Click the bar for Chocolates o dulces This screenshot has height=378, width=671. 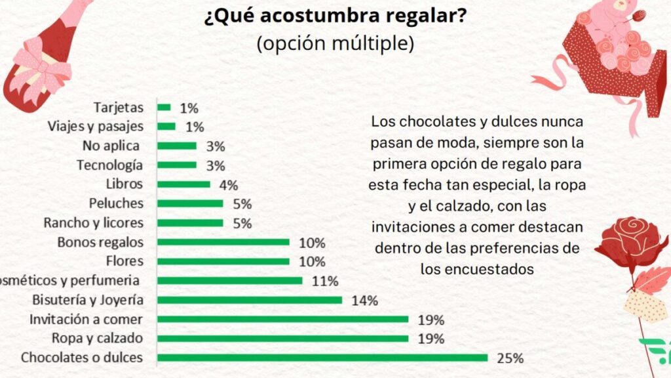click(x=322, y=358)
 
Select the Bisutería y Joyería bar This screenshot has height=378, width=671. click(x=250, y=300)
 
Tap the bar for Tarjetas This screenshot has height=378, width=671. click(x=164, y=107)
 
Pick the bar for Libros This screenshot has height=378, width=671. click(x=183, y=184)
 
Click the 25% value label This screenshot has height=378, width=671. click(x=510, y=358)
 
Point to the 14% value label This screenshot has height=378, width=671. click(x=364, y=301)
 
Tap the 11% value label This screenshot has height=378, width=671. click(x=325, y=282)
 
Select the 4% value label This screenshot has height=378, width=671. click(x=229, y=185)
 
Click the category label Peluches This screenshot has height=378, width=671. click(x=117, y=203)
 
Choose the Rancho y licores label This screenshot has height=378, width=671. click(x=93, y=222)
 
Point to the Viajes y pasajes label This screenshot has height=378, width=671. click(x=96, y=126)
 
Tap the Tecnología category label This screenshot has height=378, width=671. click(x=109, y=165)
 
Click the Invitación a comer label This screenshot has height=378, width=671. click(x=86, y=320)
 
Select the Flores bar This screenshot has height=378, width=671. click(x=223, y=261)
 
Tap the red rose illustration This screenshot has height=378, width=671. click(x=630, y=240)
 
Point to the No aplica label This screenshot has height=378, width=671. click(x=111, y=146)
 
